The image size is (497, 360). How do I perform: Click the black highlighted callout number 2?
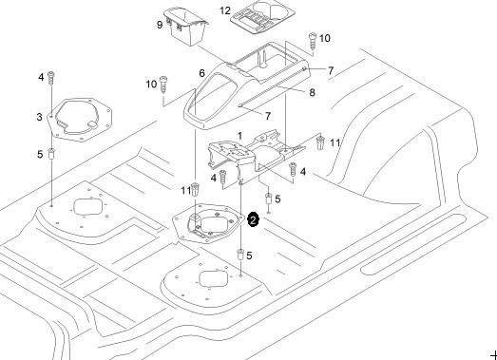[253, 220]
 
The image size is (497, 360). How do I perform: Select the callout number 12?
[225, 10]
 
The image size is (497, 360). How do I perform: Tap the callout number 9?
[160, 25]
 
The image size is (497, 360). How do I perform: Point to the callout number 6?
[201, 73]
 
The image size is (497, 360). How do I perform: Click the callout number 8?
[313, 92]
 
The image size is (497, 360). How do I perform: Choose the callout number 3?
[39, 117]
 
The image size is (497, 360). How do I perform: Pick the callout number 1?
[239, 136]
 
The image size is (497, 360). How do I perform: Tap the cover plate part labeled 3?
[79, 120]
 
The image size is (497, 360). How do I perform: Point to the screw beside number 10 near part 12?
[313, 41]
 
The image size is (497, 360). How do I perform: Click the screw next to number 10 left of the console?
[163, 85]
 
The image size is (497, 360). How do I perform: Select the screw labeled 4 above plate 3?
[50, 78]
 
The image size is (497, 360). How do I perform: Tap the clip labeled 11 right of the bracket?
[321, 142]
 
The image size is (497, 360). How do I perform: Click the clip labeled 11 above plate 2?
[196, 189]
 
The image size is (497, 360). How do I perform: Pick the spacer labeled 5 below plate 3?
[51, 154]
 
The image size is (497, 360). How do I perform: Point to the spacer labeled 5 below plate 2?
[240, 255]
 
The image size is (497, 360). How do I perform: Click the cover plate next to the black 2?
[208, 224]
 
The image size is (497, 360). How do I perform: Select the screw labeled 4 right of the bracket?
[293, 169]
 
